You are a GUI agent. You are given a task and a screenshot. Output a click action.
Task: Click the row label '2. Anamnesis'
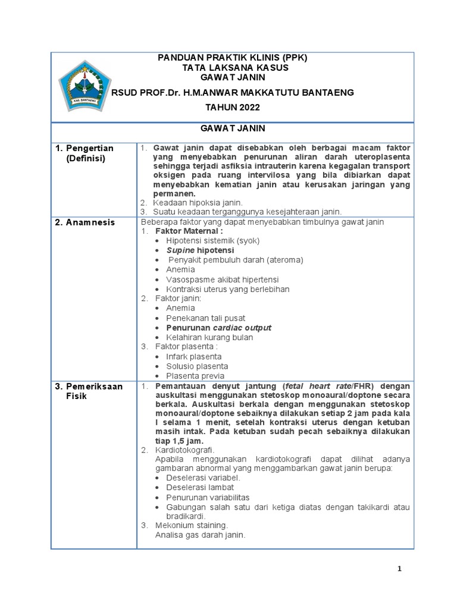coord(85,222)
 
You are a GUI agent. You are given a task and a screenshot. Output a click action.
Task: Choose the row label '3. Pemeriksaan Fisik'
coord(89,391)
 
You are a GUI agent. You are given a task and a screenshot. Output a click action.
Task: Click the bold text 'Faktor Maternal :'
coord(189,231)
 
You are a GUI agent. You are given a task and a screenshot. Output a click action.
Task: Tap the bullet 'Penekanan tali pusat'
coord(205,318)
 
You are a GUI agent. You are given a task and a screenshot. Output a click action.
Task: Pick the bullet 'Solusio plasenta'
coord(197,366)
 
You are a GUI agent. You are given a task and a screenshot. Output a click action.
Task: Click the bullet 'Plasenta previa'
coord(195,376)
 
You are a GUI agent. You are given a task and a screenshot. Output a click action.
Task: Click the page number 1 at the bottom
coord(400,569)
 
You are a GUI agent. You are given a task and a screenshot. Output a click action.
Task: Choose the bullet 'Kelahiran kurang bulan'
coord(209,337)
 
